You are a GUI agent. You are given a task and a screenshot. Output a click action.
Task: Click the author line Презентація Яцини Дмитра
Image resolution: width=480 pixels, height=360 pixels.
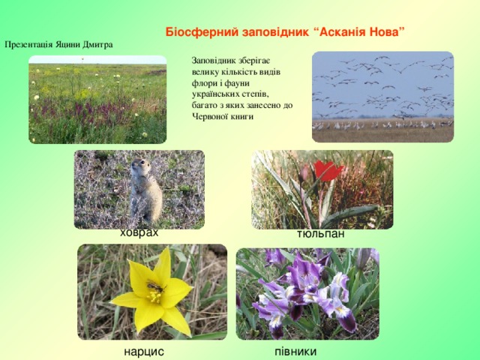pos(58,44)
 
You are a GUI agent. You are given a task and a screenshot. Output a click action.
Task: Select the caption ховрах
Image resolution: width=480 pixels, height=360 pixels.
pos(139,233)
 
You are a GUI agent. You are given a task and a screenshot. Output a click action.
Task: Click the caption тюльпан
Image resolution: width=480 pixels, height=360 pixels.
pos(320,235)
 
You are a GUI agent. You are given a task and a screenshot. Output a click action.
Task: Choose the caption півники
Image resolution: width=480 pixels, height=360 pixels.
pos(295,351)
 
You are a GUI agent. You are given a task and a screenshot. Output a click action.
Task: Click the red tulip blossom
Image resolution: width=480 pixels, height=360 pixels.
pos(327,169)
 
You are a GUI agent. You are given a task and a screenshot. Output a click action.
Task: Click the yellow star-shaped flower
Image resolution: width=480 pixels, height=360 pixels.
pos(153,292)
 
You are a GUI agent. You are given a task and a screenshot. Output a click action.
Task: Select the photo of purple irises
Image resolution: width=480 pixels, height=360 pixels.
pos(307,293)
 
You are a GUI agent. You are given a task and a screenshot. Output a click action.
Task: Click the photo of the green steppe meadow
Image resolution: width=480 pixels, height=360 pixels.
pos(97,100)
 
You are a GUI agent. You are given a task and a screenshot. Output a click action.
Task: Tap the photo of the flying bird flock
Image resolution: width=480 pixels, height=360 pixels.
pos(382,96)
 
